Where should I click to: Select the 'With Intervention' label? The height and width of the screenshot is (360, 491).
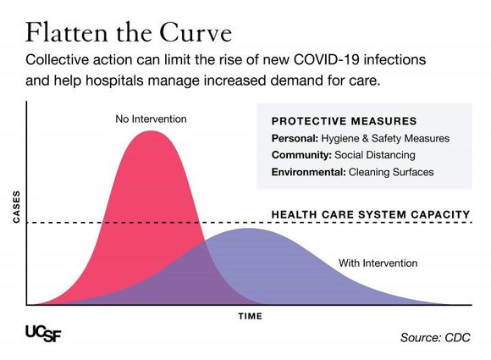click(378, 263)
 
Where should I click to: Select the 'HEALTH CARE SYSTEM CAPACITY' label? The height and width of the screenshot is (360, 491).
click(369, 214)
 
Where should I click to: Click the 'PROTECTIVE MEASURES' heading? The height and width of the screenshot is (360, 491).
click(332, 121)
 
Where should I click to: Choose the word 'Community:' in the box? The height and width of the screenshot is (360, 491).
click(301, 156)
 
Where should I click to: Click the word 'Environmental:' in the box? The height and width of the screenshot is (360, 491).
click(309, 172)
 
